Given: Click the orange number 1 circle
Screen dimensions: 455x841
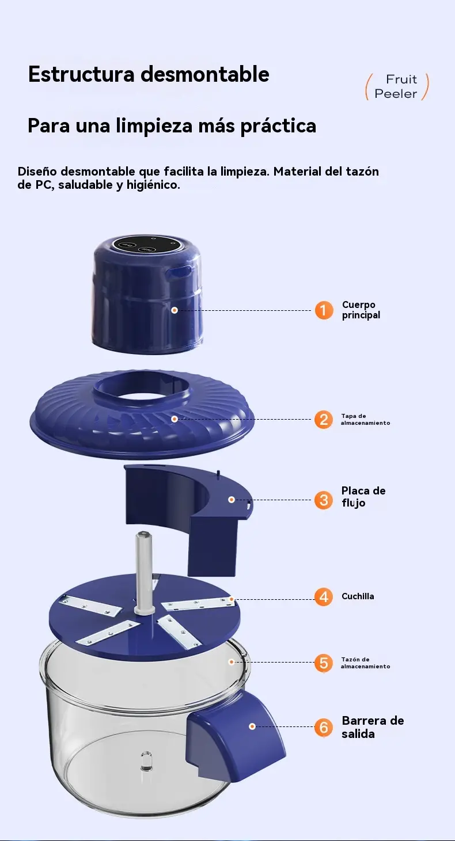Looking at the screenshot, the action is (x=324, y=310).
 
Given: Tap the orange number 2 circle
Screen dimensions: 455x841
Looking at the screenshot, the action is (x=324, y=420).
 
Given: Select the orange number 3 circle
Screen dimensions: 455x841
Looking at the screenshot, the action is (x=324, y=500).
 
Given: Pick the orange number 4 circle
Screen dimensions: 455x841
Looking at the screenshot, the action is (x=324, y=596).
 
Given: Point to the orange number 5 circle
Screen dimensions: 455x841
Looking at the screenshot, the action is (x=324, y=663).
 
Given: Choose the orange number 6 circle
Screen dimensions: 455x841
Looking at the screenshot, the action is (x=324, y=727).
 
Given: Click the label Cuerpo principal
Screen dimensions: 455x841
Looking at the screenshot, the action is (x=361, y=310).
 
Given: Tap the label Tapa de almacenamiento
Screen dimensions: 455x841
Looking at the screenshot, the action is (x=365, y=420).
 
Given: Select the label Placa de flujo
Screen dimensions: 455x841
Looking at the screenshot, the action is (x=363, y=497).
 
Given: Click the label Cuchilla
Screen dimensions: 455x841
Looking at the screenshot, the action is (x=358, y=596).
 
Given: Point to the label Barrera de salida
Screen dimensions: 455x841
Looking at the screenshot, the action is (x=373, y=727).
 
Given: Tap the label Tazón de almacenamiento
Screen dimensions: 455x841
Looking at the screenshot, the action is (x=365, y=663).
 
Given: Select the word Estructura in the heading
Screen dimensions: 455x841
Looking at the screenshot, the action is (x=81, y=74).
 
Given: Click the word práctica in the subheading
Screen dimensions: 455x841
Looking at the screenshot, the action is (x=278, y=125).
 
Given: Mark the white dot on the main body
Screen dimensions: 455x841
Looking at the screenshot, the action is (x=175, y=310).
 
